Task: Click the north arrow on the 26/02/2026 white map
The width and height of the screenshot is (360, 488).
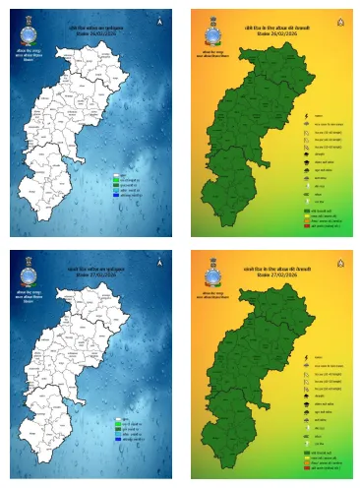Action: (159, 20)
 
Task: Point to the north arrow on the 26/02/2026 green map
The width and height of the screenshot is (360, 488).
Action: (338, 20)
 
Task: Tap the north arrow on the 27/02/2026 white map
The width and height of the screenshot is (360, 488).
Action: (157, 265)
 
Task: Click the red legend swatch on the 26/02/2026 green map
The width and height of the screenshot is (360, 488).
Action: (306, 227)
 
